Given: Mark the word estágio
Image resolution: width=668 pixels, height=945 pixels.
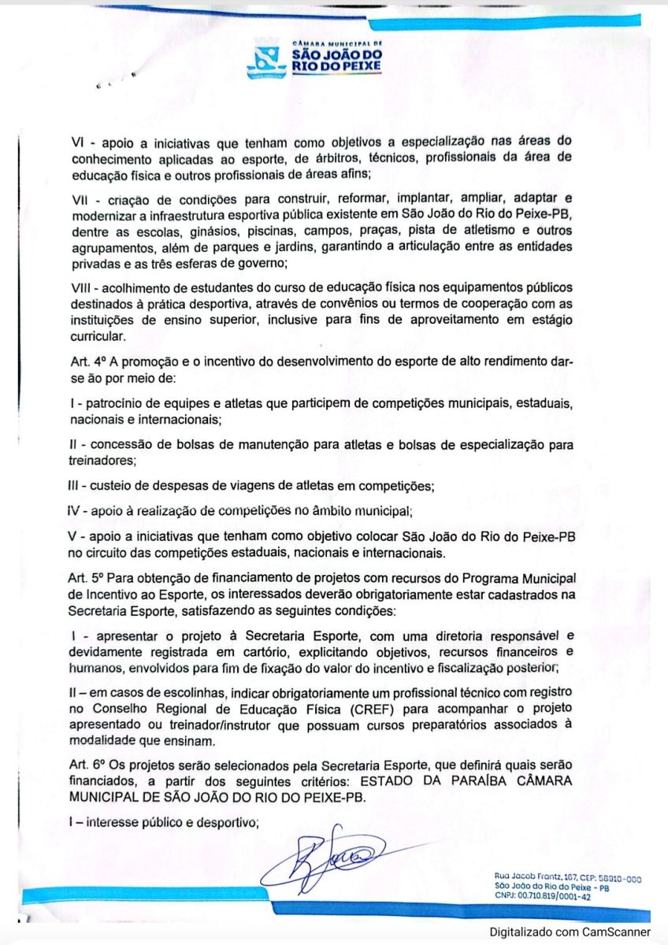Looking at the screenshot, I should pos(550,321).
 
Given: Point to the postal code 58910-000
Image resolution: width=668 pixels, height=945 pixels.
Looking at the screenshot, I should pos(613,876).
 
